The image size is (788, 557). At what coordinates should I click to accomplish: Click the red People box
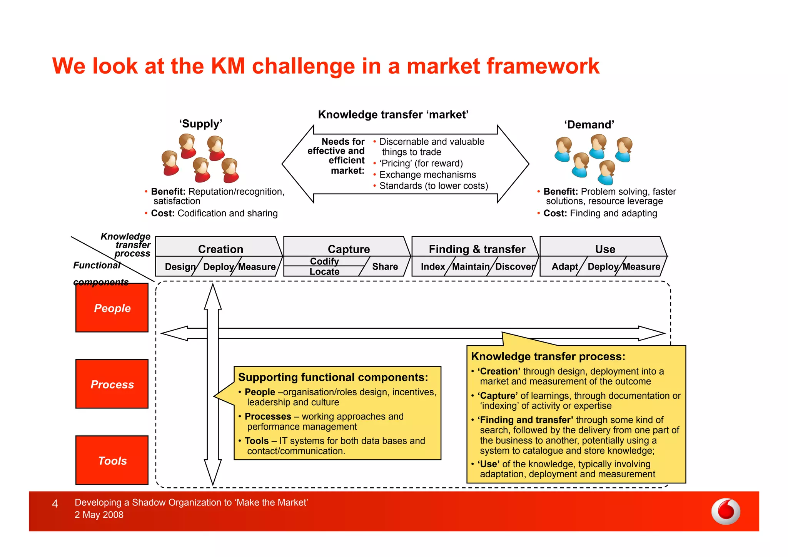(x=112, y=308)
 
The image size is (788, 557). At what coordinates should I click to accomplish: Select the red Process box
(x=112, y=384)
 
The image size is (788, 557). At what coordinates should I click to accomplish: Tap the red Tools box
(x=112, y=460)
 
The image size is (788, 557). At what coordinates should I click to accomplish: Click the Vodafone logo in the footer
(x=726, y=512)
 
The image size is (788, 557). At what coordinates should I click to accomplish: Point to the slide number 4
(x=55, y=503)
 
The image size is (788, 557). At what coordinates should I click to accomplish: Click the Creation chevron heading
(x=220, y=249)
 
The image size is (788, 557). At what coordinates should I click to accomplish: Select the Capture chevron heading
(x=349, y=249)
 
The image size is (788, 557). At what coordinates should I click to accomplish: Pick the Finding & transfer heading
(x=477, y=249)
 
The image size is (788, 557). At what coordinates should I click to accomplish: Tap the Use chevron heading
(x=605, y=249)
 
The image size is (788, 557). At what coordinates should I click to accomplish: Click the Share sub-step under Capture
(x=385, y=266)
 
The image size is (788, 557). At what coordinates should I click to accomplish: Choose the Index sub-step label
(x=432, y=266)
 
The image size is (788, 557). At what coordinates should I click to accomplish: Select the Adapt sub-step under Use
(x=564, y=266)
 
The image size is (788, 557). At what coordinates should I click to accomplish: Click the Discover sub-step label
(x=514, y=266)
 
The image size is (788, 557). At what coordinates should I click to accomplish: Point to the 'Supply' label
(x=200, y=124)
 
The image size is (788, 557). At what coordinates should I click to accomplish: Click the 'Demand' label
(x=589, y=125)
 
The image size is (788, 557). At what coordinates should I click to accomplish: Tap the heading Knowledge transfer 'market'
(x=393, y=115)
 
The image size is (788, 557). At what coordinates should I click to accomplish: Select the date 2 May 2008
(x=99, y=515)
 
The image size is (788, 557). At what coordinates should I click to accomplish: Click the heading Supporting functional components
(x=333, y=377)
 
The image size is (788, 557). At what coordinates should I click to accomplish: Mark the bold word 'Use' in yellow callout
(x=488, y=464)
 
